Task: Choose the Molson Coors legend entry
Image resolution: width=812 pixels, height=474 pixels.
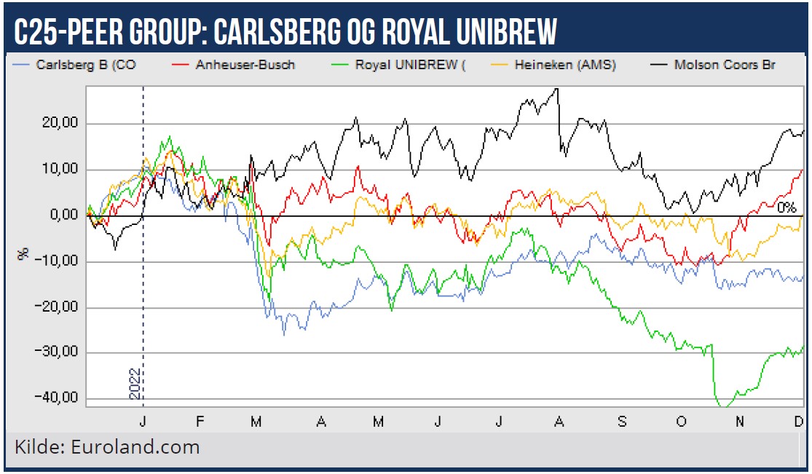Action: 725,66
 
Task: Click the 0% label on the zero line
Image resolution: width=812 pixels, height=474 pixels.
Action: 787,208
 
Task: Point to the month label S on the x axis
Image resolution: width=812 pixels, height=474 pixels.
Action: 621,421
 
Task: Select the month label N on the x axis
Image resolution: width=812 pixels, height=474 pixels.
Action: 740,421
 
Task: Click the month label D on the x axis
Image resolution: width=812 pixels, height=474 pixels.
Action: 799,421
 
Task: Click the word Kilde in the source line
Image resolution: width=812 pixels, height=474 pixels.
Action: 39,446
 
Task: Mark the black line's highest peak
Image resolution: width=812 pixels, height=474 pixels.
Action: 556,89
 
